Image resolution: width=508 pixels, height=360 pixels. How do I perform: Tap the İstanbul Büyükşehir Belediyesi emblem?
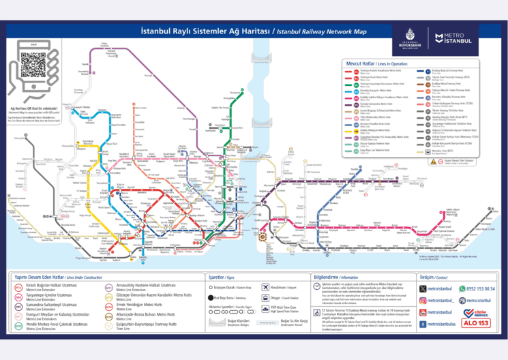(410, 36)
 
